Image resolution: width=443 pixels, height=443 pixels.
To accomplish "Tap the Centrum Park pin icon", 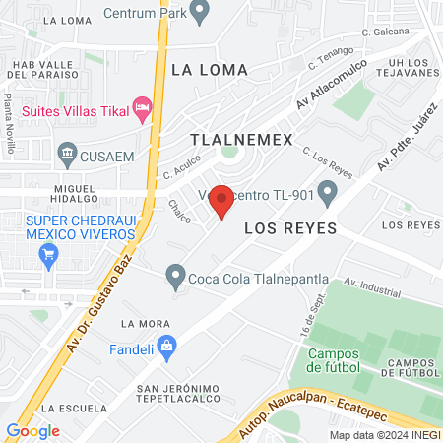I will point(201,13).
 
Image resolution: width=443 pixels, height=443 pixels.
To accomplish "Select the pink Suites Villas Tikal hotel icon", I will point(143,106).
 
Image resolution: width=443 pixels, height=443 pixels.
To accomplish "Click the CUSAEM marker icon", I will point(68,152).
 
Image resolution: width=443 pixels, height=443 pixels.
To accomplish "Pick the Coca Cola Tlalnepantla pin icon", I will point(174,277).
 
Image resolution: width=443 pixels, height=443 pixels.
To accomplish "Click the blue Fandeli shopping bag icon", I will point(167,346).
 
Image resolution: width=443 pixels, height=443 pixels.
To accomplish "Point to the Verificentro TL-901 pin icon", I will point(328,195).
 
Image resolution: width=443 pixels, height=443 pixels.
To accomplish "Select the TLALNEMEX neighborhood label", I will point(241,140).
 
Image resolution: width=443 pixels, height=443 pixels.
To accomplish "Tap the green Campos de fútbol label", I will point(341,361).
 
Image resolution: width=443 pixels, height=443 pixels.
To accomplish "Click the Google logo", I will point(32,431).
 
